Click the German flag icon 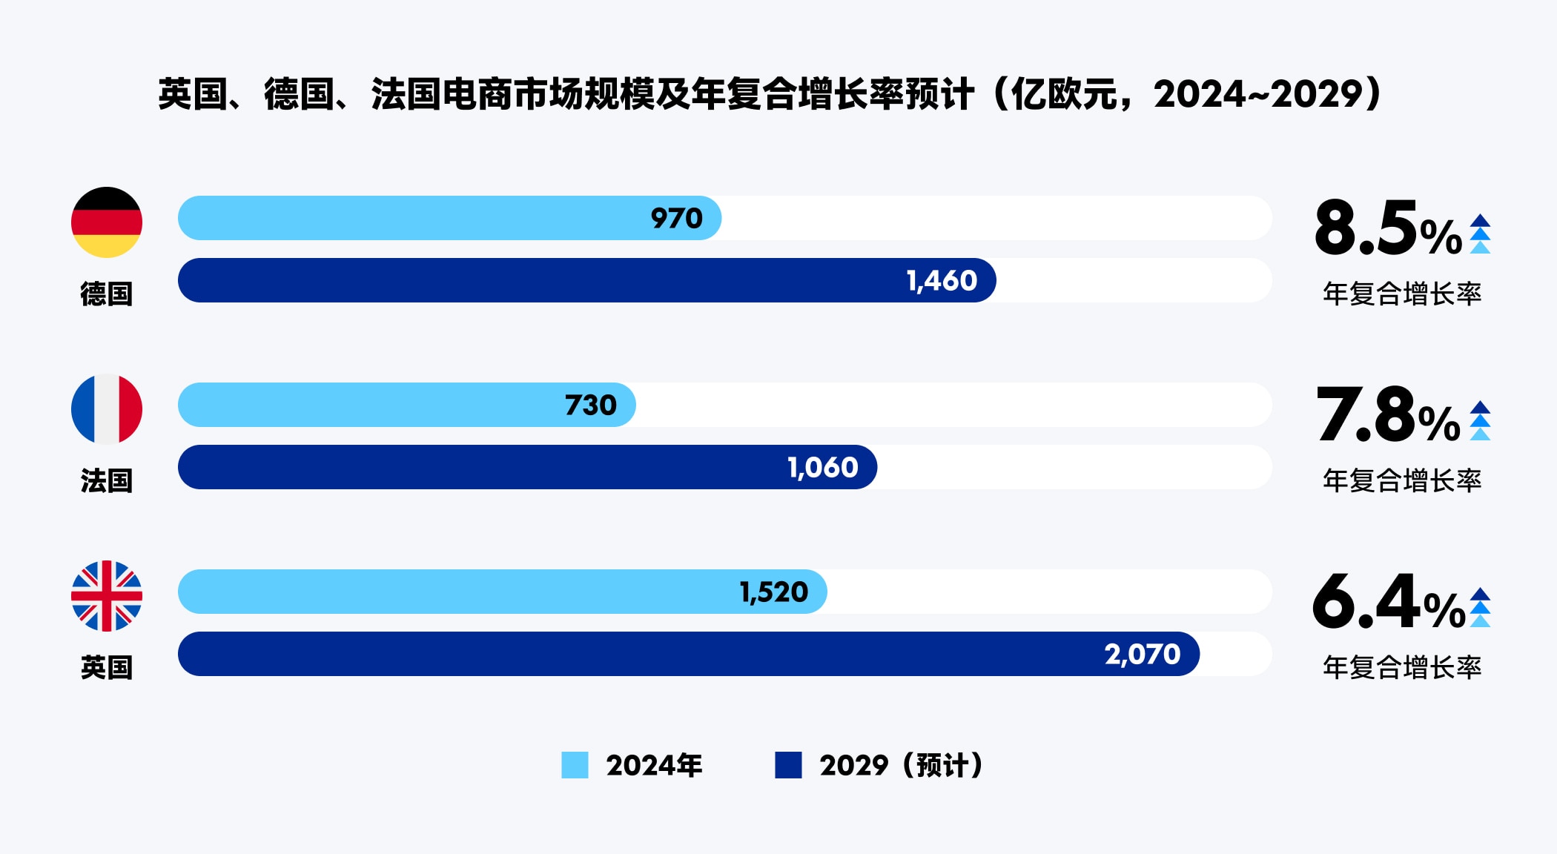click(x=107, y=222)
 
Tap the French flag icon click(x=107, y=409)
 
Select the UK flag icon click(x=107, y=596)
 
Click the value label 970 click(x=676, y=218)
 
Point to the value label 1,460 click(x=942, y=280)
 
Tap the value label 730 click(x=590, y=405)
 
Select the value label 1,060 click(x=822, y=467)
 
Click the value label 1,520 click(x=773, y=592)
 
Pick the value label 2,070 click(x=1142, y=654)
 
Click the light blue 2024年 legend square click(x=575, y=765)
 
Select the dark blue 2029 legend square click(x=788, y=765)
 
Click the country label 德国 click(x=107, y=294)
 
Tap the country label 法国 click(x=107, y=481)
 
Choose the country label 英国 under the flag click(x=107, y=668)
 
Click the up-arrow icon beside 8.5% click(x=1480, y=234)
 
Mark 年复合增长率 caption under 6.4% click(x=1402, y=668)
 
